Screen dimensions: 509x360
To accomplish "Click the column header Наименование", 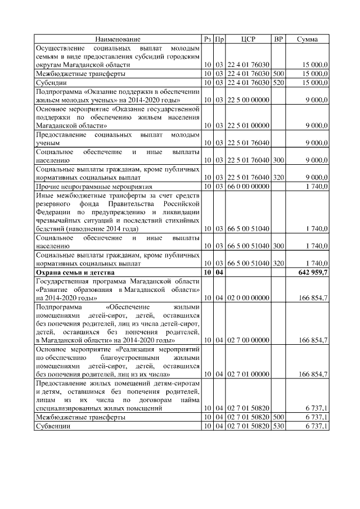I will pos(118,39).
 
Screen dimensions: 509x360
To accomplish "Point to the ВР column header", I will pos(278,39).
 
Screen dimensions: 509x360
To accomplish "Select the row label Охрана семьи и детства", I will pos(75,272).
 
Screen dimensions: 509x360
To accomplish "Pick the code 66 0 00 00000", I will pos(248,186).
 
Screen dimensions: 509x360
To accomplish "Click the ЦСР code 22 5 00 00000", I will pos(248,100).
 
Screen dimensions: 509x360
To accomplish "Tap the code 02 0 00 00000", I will pos(248,297).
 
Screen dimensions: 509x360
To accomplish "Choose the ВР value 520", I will pos(278,82).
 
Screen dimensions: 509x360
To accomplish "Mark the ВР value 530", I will pos(278,427).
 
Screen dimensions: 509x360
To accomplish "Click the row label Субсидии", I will pos(51,82).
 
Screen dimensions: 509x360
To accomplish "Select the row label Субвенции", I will pos(53,427).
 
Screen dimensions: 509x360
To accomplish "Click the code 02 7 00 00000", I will pos(248,340).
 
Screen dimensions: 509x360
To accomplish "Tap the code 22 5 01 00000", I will pos(248,125).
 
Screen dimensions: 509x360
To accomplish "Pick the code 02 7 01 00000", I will pos(248,374).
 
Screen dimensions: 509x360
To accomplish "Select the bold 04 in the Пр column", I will pos(220,272).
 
